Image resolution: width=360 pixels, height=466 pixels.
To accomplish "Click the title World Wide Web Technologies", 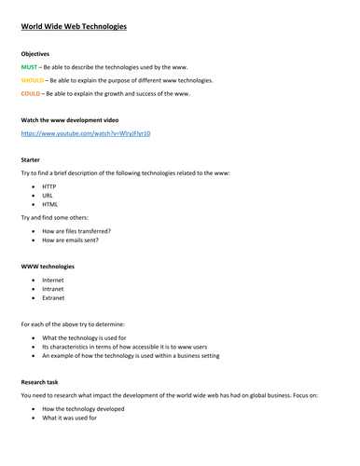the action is tap(74, 27).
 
